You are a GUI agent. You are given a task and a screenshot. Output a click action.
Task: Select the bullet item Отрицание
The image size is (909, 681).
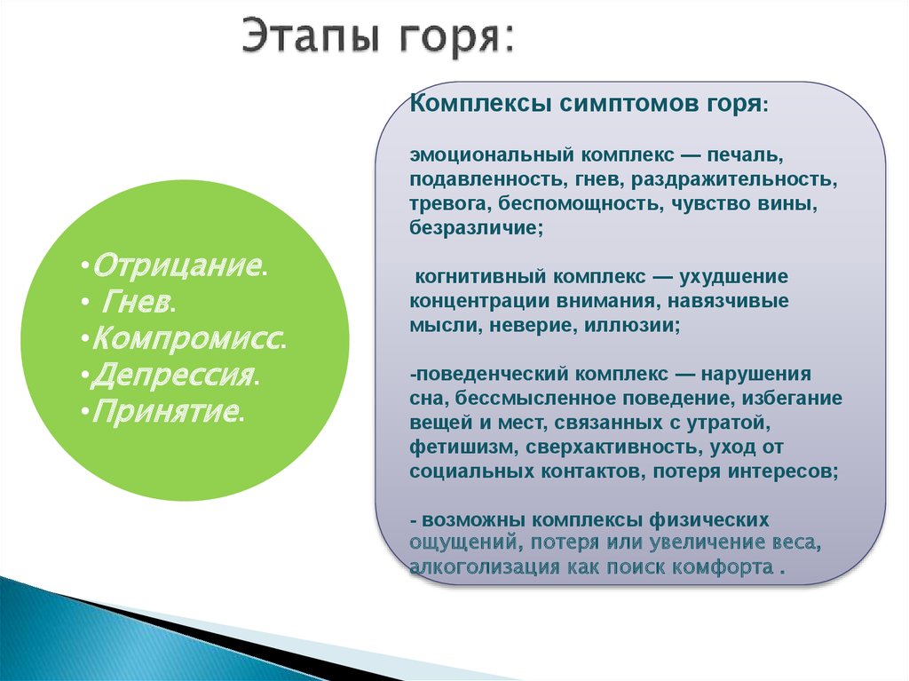point(177,265)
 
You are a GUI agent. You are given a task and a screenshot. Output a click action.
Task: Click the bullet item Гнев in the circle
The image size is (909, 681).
point(136,302)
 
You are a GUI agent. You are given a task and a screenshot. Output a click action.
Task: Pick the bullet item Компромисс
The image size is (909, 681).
point(186,339)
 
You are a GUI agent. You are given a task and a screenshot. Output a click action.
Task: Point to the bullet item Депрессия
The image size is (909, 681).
point(173,376)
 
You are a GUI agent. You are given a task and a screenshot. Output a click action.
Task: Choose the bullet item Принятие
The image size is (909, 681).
point(165,411)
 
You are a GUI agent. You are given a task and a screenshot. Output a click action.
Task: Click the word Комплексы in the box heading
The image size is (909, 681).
point(480,105)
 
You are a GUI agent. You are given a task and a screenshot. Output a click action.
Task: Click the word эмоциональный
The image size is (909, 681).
point(492,154)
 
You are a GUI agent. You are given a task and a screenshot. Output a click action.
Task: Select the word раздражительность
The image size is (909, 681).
point(734,180)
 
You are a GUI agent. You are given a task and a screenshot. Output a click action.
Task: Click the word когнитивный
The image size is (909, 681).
point(481,277)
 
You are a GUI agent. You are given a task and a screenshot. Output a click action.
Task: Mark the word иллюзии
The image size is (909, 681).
point(632,326)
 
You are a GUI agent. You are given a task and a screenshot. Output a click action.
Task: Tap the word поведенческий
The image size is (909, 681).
point(492,374)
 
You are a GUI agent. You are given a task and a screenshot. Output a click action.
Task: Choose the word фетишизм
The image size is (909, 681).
point(454,447)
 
